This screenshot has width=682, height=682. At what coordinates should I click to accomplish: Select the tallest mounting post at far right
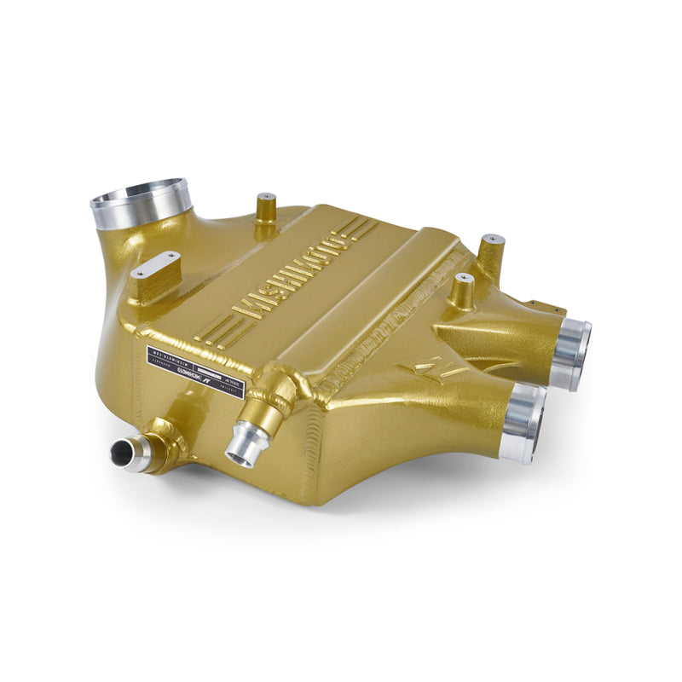point(491,252)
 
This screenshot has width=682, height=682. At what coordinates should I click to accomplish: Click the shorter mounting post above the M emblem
point(463,292)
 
